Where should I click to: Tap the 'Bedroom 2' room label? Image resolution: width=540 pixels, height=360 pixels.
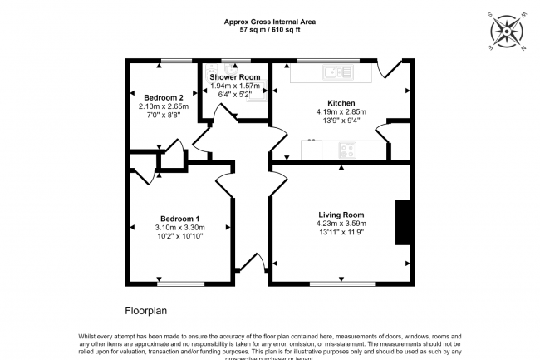[164, 96]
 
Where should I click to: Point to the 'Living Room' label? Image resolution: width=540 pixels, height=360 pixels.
[341, 213]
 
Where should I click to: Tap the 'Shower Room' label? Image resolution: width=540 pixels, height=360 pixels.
[234, 76]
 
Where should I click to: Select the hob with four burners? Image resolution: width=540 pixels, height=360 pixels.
[346, 150]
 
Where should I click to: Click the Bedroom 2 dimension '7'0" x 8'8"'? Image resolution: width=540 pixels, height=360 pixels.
[164, 116]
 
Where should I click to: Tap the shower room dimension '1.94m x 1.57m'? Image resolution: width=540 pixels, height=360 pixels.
[234, 86]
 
